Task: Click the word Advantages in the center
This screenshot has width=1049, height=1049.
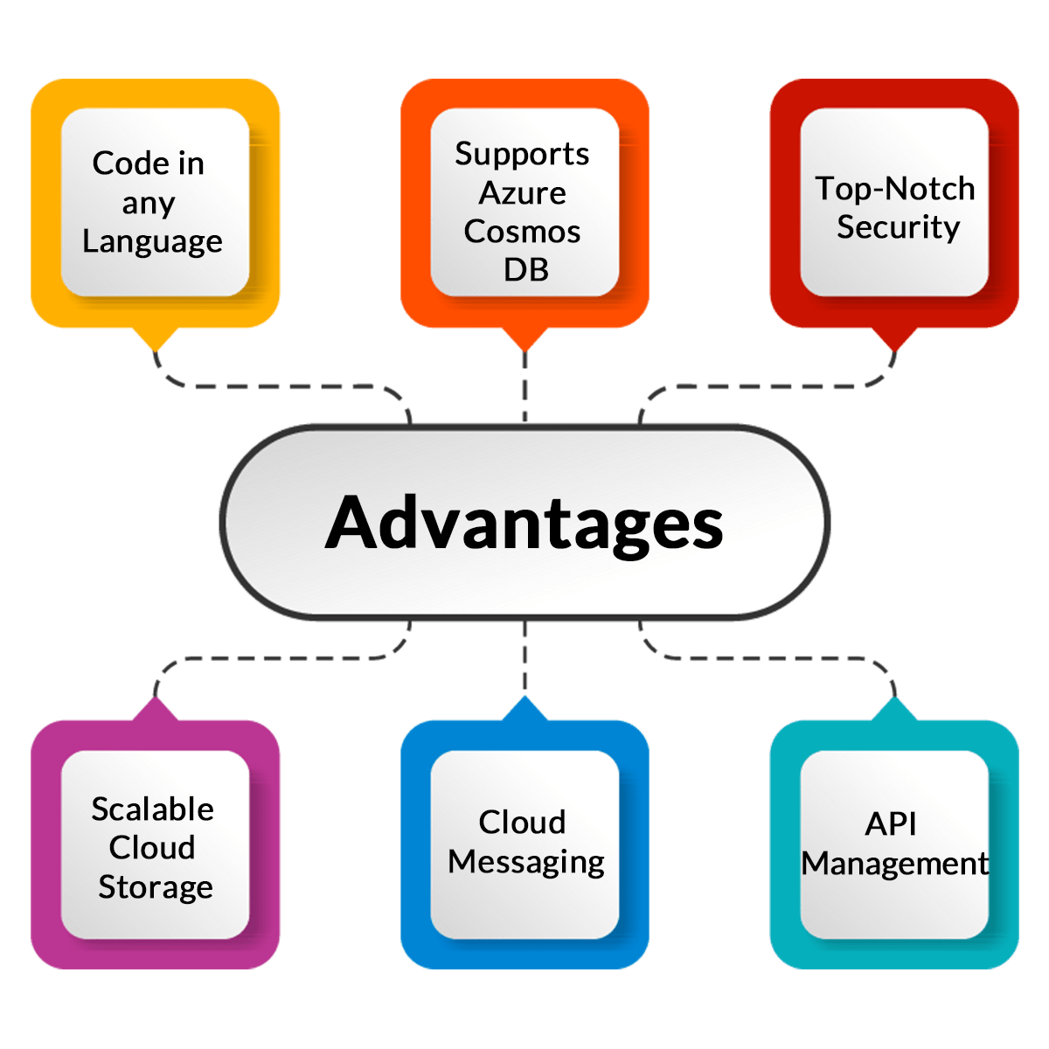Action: click(x=524, y=523)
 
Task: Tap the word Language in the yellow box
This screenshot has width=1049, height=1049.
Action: click(x=152, y=241)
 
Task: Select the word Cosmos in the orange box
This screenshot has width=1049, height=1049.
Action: click(x=522, y=232)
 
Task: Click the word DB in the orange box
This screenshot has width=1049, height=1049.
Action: click(x=525, y=270)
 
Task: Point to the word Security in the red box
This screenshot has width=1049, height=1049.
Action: click(x=898, y=227)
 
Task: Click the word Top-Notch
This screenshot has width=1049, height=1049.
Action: click(x=894, y=188)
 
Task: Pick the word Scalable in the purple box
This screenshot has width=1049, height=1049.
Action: click(x=152, y=809)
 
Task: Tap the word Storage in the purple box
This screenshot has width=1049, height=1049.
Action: click(x=156, y=886)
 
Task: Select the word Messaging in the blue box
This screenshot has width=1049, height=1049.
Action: click(x=525, y=862)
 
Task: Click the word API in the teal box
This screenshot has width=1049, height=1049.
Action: click(x=891, y=823)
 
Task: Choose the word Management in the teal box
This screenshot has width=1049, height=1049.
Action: click(x=895, y=864)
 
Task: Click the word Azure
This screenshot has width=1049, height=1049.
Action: click(x=523, y=192)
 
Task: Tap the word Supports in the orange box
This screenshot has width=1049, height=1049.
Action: click(x=522, y=154)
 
